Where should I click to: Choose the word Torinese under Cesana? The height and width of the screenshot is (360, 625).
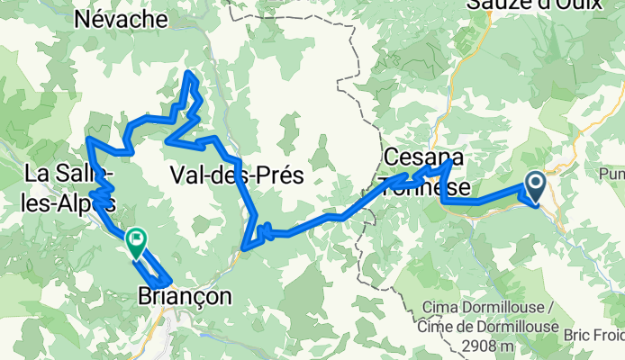click(426, 186)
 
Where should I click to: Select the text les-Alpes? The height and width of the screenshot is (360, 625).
click(61, 202)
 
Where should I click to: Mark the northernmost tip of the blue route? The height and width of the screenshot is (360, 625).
click(188, 73)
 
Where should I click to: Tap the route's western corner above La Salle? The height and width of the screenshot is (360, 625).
click(88, 139)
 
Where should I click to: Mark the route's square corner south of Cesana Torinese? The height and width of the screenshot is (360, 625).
click(444, 202)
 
